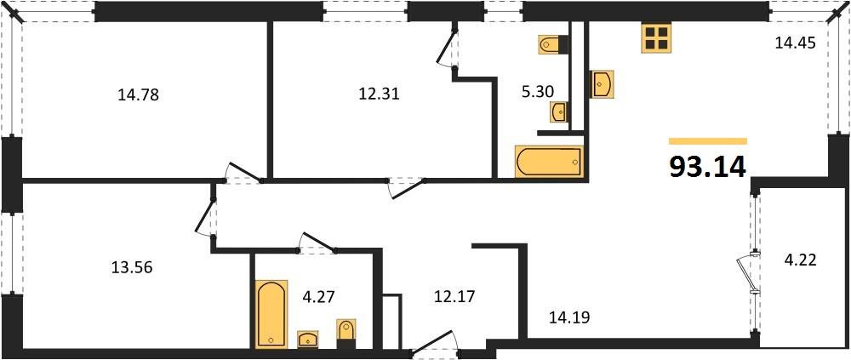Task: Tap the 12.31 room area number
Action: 379,94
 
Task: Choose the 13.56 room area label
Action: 132,267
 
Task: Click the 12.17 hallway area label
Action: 453,297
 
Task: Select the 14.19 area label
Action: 568,318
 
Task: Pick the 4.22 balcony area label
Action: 800,260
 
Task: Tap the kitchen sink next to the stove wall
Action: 602,84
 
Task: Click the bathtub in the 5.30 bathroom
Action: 549,161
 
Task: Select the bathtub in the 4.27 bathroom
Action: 272,314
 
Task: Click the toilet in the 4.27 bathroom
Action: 346,333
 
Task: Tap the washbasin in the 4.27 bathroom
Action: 307,340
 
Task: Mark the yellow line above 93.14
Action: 707,141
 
